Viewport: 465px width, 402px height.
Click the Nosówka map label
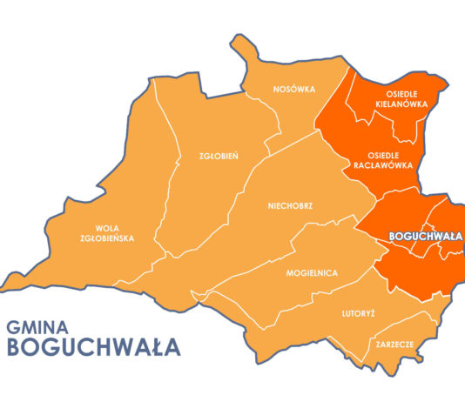293,90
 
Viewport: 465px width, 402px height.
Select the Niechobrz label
290,207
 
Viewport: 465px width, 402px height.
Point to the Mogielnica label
311,273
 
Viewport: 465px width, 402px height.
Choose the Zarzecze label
394,344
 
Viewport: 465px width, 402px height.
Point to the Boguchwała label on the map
425,236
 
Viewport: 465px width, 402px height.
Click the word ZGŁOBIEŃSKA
108,238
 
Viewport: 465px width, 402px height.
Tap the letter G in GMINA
14,328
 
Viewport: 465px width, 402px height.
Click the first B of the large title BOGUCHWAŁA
15,348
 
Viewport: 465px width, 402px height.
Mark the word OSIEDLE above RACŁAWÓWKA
382,154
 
